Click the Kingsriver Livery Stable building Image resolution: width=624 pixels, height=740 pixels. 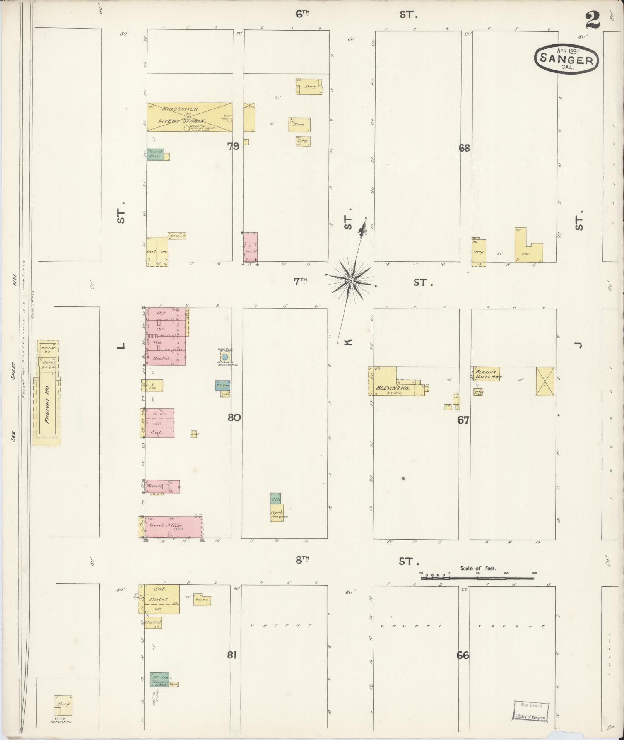(189, 117)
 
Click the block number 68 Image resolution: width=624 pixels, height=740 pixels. (464, 148)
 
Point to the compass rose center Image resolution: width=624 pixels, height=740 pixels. (351, 280)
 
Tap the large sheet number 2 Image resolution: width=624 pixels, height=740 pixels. (593, 20)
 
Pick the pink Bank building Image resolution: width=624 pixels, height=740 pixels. (162, 487)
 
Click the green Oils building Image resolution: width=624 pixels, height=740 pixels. (275, 499)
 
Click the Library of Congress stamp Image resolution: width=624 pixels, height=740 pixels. (531, 711)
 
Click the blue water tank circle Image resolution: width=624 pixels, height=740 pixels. (224, 356)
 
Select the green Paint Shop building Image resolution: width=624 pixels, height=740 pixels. (155, 154)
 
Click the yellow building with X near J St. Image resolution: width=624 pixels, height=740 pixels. (545, 381)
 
